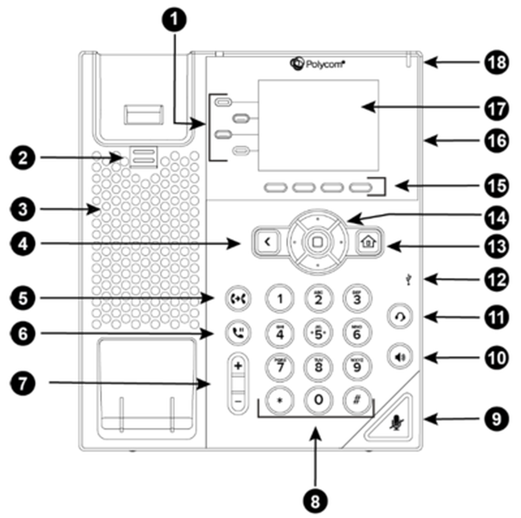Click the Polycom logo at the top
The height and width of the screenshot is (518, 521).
317,64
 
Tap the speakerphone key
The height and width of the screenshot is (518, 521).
400,357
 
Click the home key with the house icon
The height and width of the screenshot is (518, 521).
369,242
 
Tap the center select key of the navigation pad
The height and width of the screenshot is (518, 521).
317,242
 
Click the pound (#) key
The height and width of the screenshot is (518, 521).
357,400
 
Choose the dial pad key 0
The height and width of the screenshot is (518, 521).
319,400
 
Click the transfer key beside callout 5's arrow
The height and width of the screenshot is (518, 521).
238,298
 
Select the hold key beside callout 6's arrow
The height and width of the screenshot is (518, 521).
238,332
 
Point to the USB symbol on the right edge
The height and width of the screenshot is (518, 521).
409,280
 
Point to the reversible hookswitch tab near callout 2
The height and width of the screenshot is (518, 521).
143,157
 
